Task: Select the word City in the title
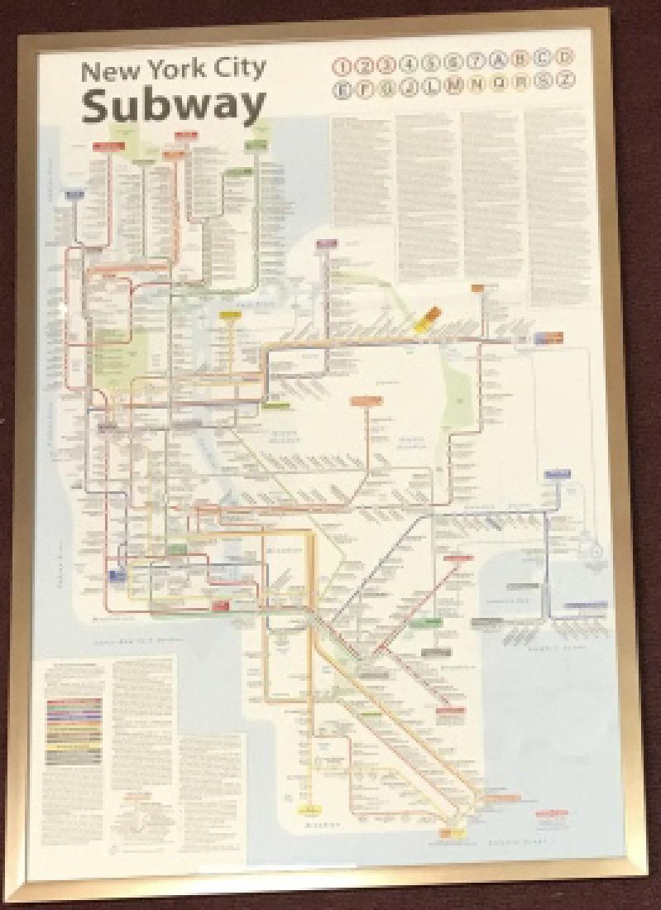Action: click(238, 69)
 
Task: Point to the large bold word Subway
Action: click(174, 105)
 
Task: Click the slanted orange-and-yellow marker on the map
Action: click(426, 318)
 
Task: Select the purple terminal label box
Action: click(328, 243)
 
